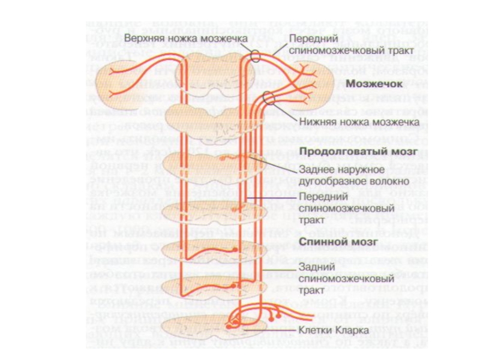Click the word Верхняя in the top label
coord(143,38)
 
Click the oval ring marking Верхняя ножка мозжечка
coord(256,57)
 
